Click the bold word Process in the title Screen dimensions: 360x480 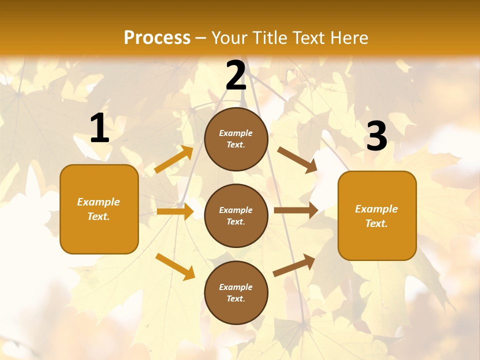pos(157,38)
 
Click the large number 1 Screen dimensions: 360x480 pos(99,128)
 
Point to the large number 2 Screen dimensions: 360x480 pos(236,76)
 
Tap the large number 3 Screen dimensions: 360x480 pos(376,136)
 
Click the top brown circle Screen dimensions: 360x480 pos(236,139)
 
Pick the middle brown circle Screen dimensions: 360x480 pos(236,215)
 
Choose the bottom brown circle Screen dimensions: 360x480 pos(236,292)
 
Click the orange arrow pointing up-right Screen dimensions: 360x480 pos(174,160)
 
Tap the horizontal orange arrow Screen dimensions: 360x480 pos(175,211)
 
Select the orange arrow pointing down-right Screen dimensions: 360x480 pos(175,266)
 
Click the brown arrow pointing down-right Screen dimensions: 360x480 pos(297,160)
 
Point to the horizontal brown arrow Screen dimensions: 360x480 pos(296,210)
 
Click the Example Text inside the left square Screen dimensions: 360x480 pos(98,209)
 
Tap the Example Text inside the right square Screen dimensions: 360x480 pos(376,216)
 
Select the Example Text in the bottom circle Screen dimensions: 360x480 pos(236,292)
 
